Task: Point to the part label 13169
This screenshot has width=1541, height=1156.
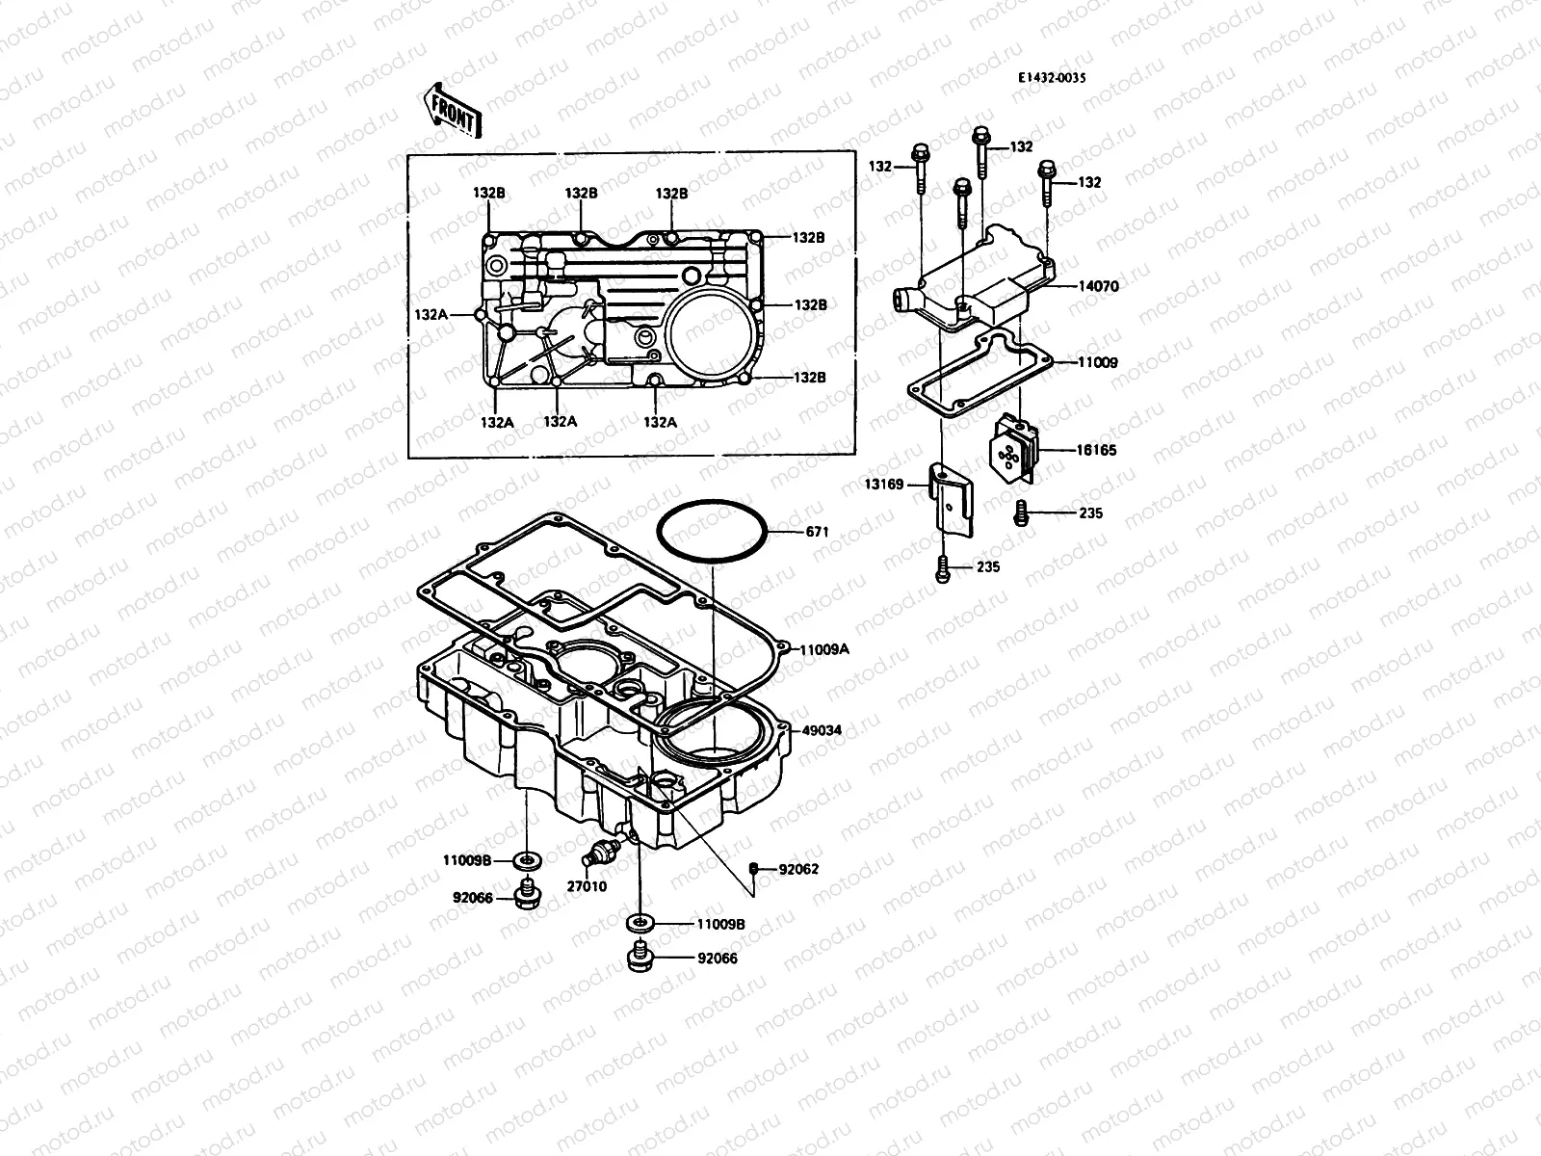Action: click(884, 485)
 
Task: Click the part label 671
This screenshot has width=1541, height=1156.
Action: click(817, 532)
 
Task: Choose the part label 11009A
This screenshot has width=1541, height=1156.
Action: click(823, 649)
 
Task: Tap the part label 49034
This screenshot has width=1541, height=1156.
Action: click(822, 730)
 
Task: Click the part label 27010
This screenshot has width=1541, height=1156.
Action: click(587, 886)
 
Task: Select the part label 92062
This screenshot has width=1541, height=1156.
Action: click(798, 869)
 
